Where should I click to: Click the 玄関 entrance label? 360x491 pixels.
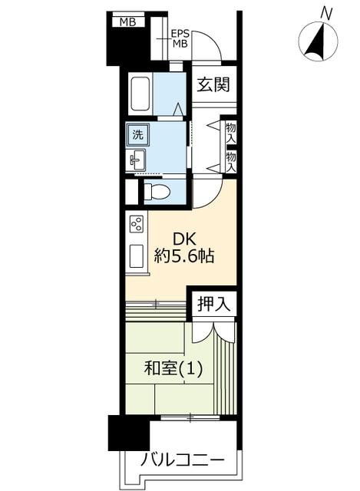[x=213, y=84]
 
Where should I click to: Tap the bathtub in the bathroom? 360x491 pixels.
[x=140, y=93]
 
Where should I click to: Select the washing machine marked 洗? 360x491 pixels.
[x=138, y=135]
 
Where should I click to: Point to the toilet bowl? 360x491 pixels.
[x=157, y=191]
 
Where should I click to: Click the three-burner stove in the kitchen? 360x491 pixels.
[x=137, y=223]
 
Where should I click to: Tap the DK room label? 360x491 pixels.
[x=184, y=240]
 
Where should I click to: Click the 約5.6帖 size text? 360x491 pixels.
[x=184, y=257]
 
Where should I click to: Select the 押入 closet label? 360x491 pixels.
[x=213, y=304]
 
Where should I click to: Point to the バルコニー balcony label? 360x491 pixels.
[x=183, y=461]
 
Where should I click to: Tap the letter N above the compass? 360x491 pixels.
[x=326, y=14]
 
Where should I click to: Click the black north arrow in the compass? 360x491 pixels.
[x=315, y=43]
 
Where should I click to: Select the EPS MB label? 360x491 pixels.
[x=180, y=38]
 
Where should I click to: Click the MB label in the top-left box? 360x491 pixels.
[x=128, y=22]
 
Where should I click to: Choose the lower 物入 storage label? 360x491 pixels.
[x=231, y=161]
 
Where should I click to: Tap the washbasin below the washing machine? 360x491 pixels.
[x=136, y=160]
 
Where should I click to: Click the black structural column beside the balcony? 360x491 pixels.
[x=128, y=433]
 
